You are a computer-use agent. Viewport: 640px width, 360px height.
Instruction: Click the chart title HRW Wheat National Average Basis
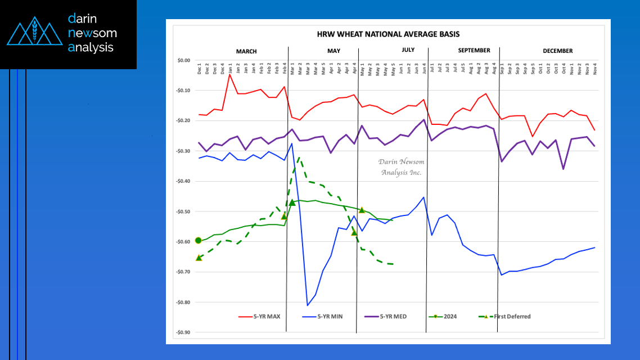(387, 34)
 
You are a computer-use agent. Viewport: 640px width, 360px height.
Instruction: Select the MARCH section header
(246, 51)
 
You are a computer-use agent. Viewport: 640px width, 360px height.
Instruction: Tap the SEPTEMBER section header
(474, 51)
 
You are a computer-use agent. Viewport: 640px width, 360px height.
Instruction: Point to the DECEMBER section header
(557, 51)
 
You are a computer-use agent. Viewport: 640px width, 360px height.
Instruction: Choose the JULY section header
(408, 50)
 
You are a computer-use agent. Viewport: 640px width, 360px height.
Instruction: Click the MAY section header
(333, 51)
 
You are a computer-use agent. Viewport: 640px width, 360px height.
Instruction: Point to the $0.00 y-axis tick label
(183, 60)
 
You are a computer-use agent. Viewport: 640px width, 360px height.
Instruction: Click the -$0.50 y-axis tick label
(183, 211)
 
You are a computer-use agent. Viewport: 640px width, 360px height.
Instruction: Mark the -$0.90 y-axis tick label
(183, 332)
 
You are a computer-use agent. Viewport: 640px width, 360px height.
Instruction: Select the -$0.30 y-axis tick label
(183, 151)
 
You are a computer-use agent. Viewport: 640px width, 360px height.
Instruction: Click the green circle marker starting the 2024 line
(198, 240)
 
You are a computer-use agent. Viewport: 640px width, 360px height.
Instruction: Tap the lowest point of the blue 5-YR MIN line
(308, 305)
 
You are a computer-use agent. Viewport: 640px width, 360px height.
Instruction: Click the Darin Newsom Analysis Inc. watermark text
(400, 167)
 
